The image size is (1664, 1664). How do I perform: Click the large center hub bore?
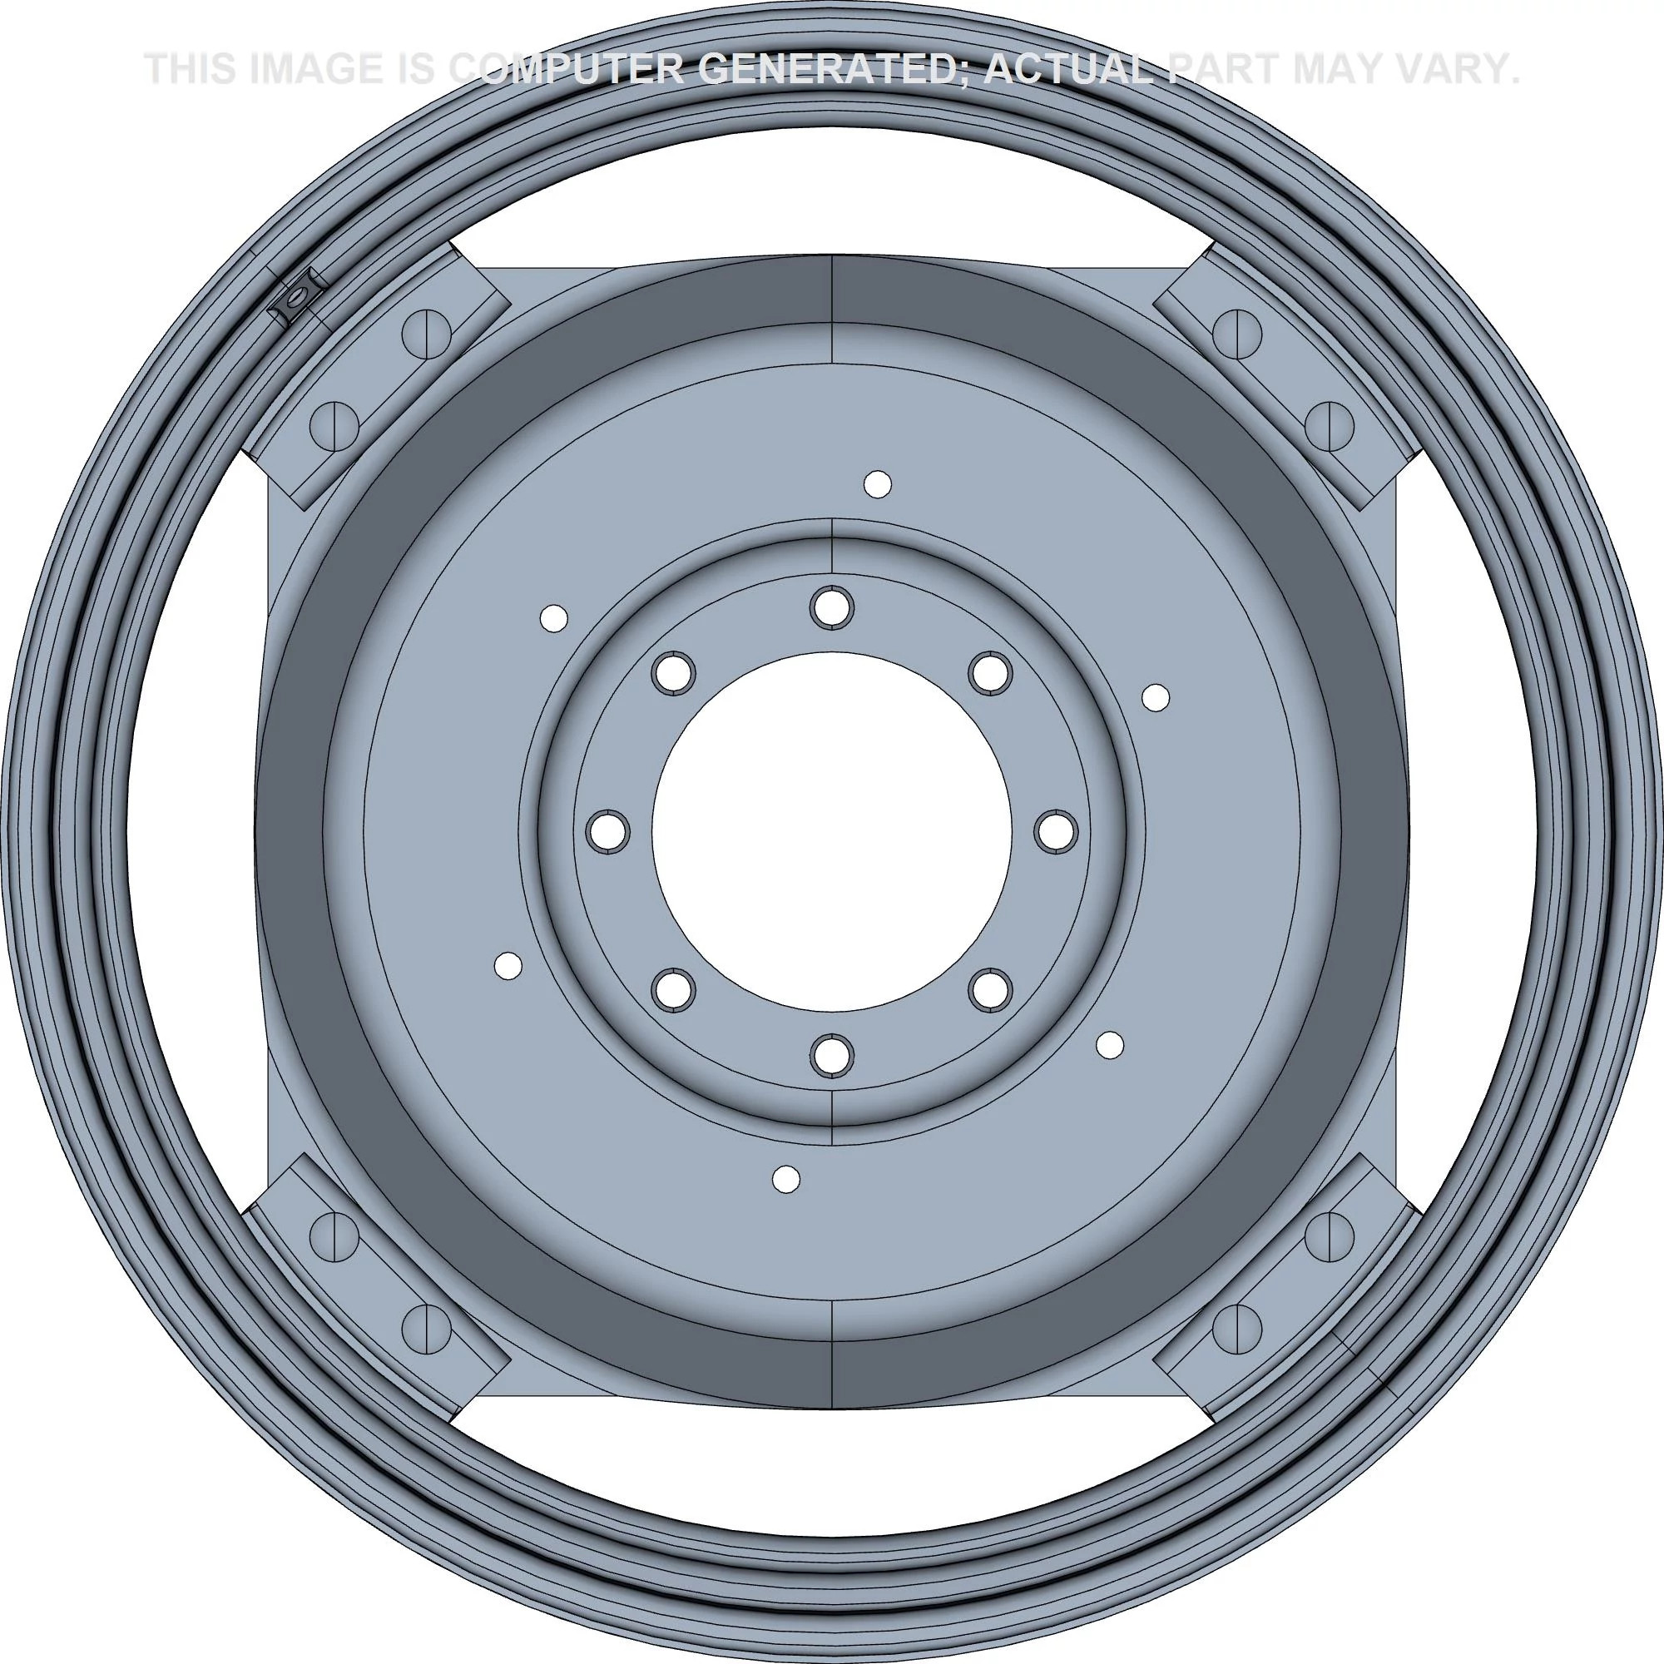(x=831, y=831)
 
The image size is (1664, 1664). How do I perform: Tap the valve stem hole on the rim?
(x=295, y=299)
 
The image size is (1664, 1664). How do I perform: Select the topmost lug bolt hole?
(x=831, y=607)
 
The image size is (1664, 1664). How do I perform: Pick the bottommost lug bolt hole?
(x=831, y=1056)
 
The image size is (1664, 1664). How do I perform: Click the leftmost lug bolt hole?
(x=607, y=831)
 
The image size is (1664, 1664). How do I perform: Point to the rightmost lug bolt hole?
(x=1056, y=831)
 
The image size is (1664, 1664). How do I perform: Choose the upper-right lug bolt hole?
(x=989, y=672)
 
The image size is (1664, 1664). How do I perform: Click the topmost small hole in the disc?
(x=877, y=484)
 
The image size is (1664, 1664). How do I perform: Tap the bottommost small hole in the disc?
(x=785, y=1179)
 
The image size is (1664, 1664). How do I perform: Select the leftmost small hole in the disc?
(x=508, y=965)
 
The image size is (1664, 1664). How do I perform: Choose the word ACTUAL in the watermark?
(x=1068, y=69)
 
